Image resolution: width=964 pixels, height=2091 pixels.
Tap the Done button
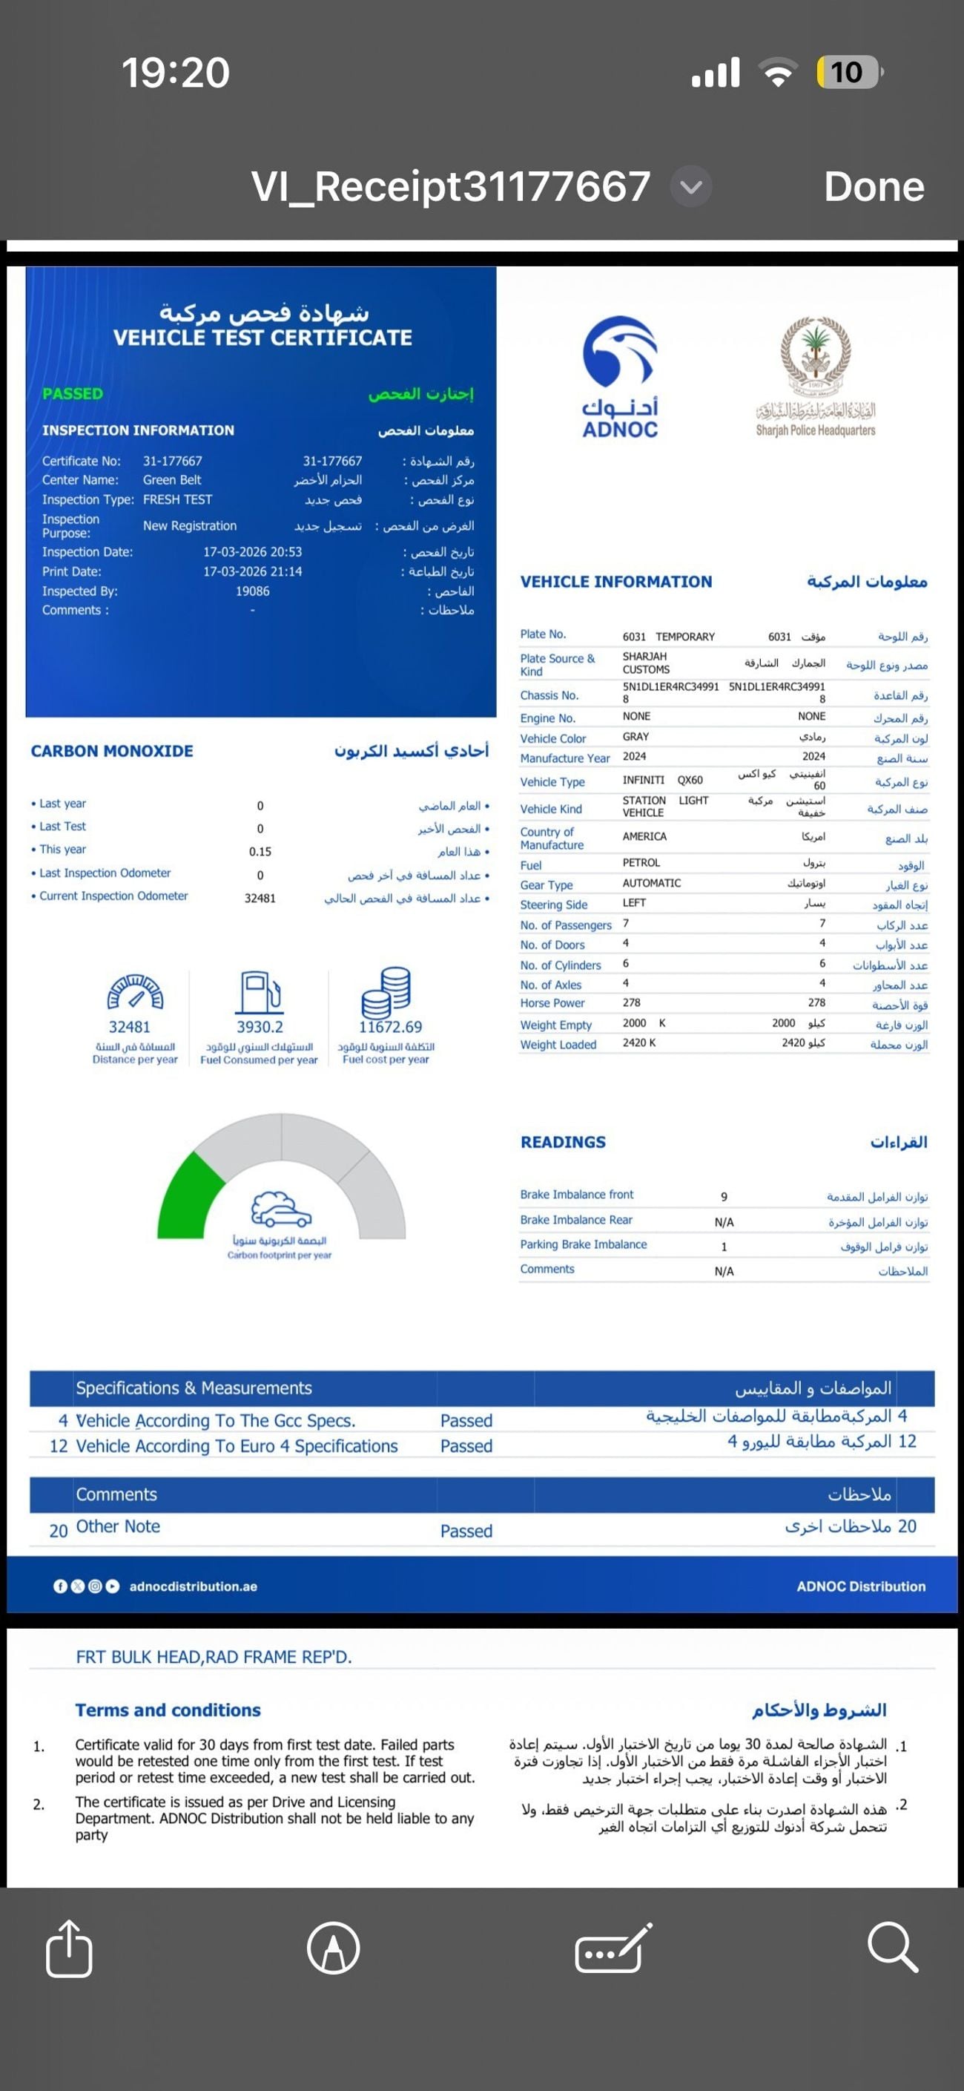[874, 187]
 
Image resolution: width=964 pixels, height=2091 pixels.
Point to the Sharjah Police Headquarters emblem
[816, 357]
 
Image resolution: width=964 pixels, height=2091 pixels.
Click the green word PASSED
[73, 394]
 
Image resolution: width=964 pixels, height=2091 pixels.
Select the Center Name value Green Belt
[172, 480]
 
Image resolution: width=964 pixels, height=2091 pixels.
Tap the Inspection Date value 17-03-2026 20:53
[252, 552]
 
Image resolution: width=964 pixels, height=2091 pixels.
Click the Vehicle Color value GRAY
[635, 737]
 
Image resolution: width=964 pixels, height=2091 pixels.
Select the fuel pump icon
[260, 991]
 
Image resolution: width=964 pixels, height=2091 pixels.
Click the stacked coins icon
[387, 991]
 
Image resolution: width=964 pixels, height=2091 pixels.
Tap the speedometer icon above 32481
[136, 991]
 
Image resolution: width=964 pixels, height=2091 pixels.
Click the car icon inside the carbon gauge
[281, 1210]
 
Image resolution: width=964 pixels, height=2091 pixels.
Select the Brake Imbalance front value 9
[724, 1196]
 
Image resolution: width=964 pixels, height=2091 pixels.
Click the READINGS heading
[563, 1142]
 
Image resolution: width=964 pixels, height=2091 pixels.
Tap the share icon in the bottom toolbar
[69, 1948]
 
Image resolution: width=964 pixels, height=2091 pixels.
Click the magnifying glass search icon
[893, 1947]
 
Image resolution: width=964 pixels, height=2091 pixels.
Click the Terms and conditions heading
[168, 1710]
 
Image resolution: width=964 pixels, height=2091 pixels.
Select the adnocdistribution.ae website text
[193, 1586]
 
